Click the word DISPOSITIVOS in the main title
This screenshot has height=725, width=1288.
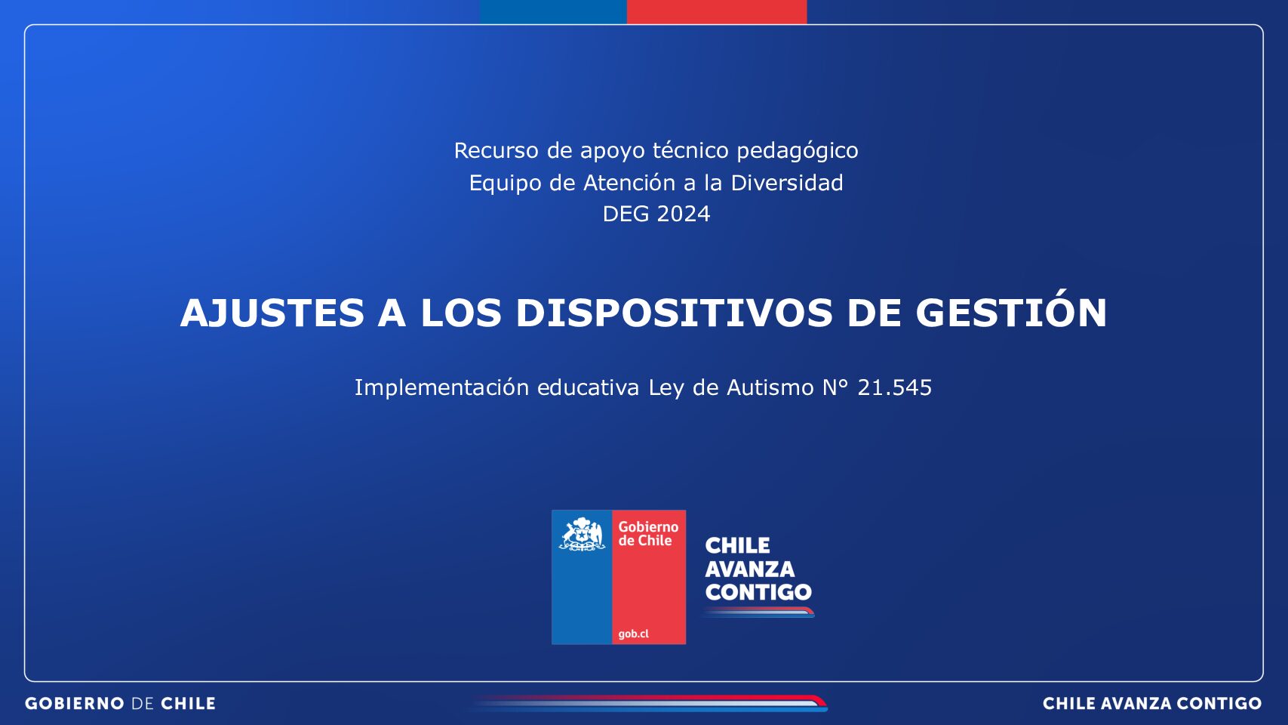pos(674,313)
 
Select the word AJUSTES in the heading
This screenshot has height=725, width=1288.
pos(272,313)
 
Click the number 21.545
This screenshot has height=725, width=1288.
pos(894,387)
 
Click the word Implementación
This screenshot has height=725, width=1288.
pos(441,387)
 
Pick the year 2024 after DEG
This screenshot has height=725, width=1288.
pos(683,214)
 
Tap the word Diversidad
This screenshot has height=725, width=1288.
pos(786,183)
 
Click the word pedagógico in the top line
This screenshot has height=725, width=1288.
pos(797,151)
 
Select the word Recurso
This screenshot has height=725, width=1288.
pos(496,150)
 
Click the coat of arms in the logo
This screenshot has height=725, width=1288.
pos(582,534)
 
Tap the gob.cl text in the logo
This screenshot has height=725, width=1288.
pos(633,634)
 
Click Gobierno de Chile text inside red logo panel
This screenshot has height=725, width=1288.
pos(648,533)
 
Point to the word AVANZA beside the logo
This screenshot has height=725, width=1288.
pos(750,569)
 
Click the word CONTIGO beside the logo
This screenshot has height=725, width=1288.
pos(758,592)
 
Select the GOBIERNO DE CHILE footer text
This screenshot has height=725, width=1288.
pos(120,703)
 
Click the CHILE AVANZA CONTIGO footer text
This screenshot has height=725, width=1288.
pos(1152,703)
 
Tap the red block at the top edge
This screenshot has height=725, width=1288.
pos(717,11)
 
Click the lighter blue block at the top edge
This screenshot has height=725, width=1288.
pos(553,11)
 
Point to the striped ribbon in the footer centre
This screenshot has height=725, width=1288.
pos(649,702)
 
